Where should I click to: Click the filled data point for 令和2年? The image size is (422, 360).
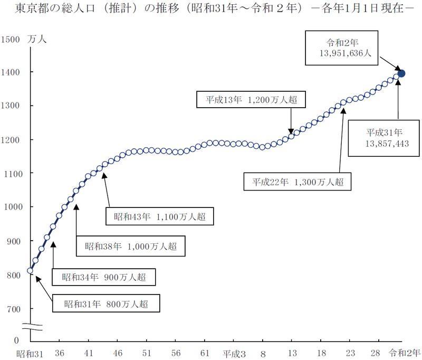(401, 73)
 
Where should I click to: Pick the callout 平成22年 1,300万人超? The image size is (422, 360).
(298, 182)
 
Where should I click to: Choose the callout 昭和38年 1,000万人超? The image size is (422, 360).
(131, 246)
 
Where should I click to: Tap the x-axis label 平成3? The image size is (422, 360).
(234, 353)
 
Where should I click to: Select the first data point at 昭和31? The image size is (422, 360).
(30, 271)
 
